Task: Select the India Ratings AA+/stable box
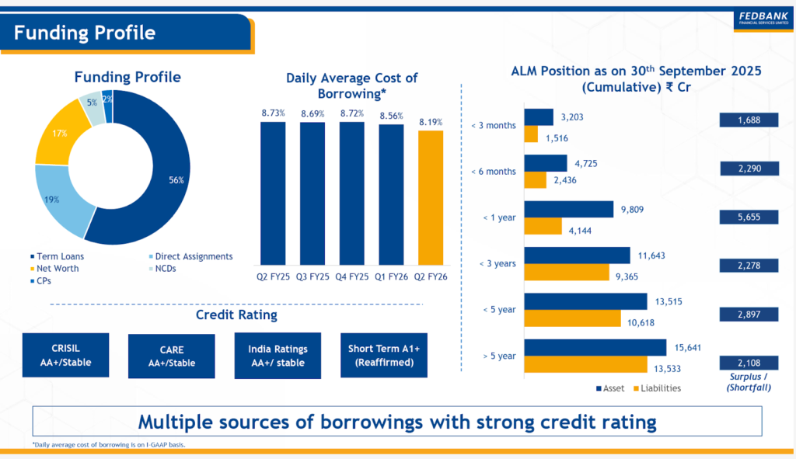[x=278, y=356]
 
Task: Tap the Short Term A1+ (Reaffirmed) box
[x=383, y=356]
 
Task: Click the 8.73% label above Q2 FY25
[x=273, y=113]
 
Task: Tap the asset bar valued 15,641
[x=595, y=347]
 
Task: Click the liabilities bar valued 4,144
[x=543, y=226]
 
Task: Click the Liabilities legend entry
[x=657, y=388]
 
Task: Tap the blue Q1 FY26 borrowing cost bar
[x=391, y=193]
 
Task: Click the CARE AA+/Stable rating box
[x=171, y=356]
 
